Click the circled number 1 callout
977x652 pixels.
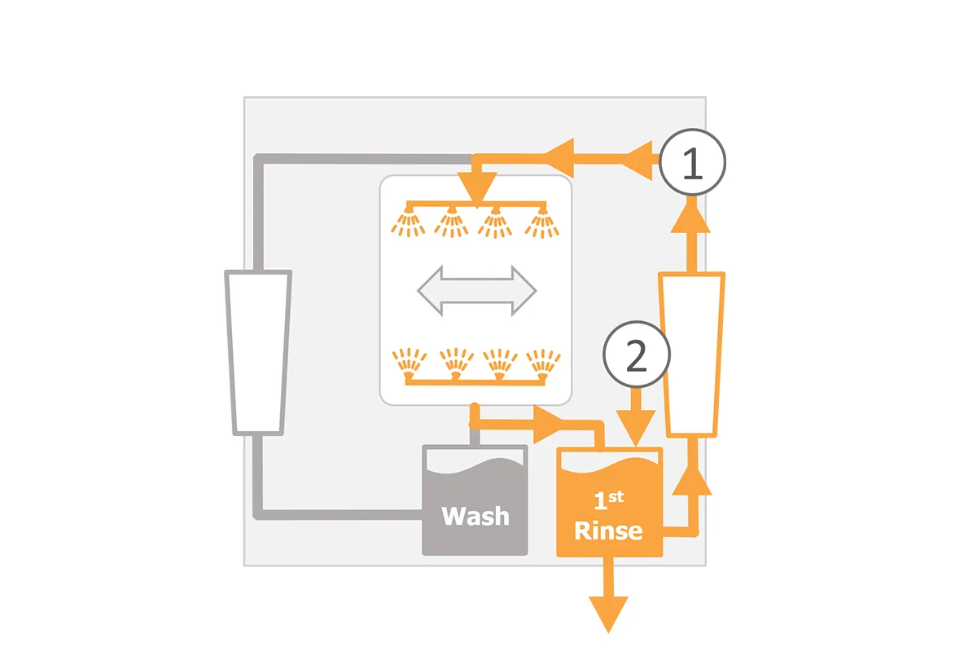pyautogui.click(x=692, y=162)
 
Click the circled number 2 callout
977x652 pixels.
pyautogui.click(x=637, y=355)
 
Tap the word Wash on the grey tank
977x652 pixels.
pyautogui.click(x=475, y=516)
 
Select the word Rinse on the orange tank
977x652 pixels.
pyautogui.click(x=608, y=531)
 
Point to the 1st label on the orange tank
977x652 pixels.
pyautogui.click(x=609, y=501)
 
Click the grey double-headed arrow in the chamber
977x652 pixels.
pyautogui.click(x=477, y=290)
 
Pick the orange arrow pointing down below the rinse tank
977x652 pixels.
pyautogui.click(x=608, y=595)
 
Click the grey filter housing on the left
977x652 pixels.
pyautogui.click(x=258, y=353)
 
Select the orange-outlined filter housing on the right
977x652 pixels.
pyautogui.click(x=692, y=355)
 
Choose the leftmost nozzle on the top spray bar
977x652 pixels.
pyautogui.click(x=408, y=222)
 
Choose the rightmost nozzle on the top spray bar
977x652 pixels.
pyautogui.click(x=542, y=222)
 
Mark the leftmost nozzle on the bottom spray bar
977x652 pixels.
pyautogui.click(x=409, y=363)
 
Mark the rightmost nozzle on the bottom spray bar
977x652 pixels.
pyautogui.click(x=544, y=364)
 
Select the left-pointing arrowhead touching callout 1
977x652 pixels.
pyautogui.click(x=640, y=161)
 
